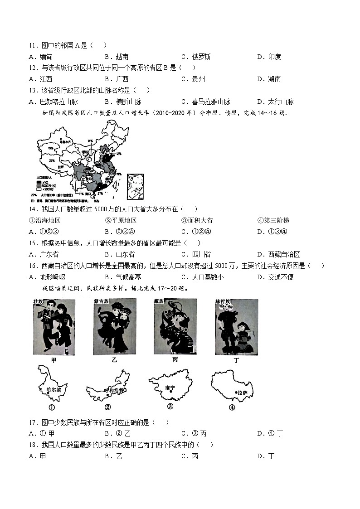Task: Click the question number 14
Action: pos(32,209)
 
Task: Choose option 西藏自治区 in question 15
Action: pos(284,254)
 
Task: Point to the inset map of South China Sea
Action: pos(135,186)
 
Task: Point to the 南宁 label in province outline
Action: pos(170,388)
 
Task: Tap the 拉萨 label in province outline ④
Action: pos(242,393)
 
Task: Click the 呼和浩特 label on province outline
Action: pos(113,390)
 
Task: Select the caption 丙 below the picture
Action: pos(175,359)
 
